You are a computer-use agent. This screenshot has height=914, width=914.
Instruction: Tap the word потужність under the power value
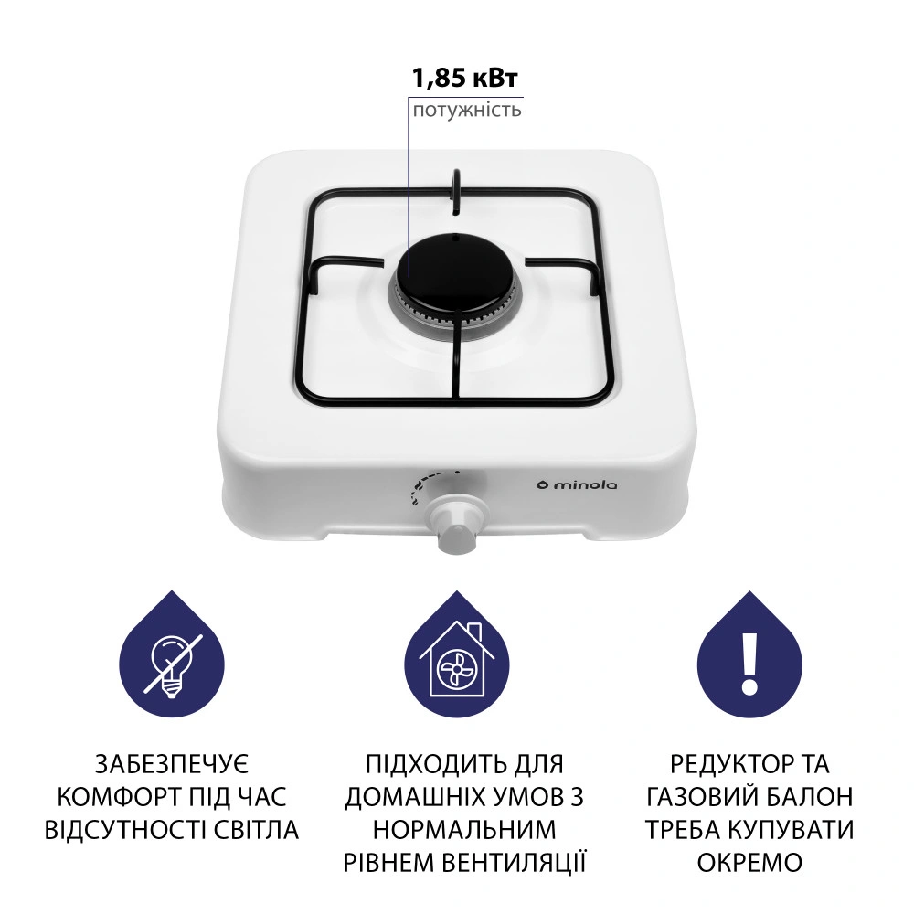[x=467, y=111]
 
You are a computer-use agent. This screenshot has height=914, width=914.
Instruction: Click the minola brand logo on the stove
[x=576, y=484]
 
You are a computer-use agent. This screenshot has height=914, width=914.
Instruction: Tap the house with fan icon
[x=458, y=660]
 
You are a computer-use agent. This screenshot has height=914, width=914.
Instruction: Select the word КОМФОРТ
[x=117, y=797]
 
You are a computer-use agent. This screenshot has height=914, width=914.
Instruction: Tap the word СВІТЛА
[x=253, y=830]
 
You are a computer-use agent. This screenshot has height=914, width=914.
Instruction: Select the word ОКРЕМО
[x=749, y=863]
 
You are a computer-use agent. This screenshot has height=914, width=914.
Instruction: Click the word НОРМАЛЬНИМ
[x=464, y=830]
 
